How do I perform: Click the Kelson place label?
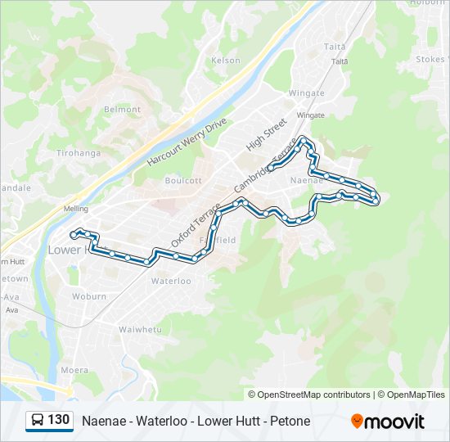[226, 60]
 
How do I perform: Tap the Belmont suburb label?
[123, 109]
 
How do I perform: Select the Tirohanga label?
[78, 153]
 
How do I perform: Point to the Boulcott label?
[182, 180]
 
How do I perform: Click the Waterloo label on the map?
[171, 281]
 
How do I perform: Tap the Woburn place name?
[88, 296]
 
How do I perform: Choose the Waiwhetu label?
[139, 329]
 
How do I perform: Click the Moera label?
[74, 370]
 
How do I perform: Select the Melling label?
[75, 209]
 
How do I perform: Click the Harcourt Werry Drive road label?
[187, 141]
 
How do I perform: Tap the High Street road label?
[267, 133]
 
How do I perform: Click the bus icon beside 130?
[38, 421]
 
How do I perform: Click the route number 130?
[59, 420]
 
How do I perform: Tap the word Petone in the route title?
[291, 421]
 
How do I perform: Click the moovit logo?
[388, 422]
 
